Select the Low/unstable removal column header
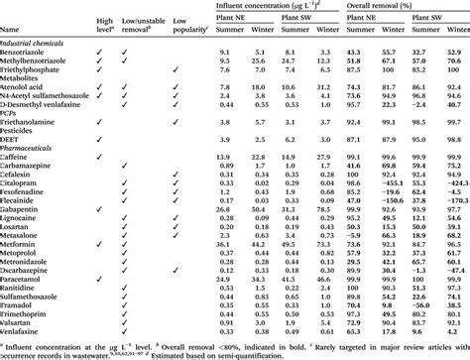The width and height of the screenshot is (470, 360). pos(142,25)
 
